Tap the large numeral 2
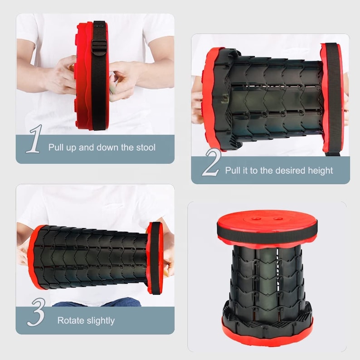coord(211,163)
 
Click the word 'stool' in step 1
coord(144,147)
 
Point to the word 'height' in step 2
coord(319,170)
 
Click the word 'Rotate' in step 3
coord(70,321)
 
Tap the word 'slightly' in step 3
coord(100,321)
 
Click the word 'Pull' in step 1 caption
coord(57,147)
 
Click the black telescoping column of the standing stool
coord(267,281)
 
